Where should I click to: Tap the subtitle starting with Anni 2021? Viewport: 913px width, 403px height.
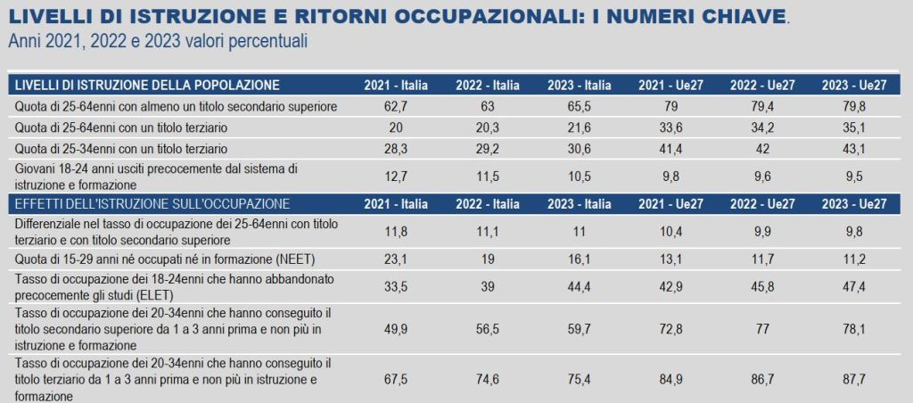[x=158, y=42]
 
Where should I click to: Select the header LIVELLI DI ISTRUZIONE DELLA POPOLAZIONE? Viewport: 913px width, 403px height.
[x=148, y=86]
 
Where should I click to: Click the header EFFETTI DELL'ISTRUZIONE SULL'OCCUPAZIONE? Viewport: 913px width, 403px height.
[x=152, y=204]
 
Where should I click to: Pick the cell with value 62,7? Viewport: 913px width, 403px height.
[x=396, y=107]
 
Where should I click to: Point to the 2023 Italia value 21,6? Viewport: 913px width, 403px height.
[x=579, y=127]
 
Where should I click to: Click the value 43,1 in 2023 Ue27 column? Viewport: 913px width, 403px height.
[x=853, y=149]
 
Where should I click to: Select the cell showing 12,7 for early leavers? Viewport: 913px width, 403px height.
[x=396, y=177]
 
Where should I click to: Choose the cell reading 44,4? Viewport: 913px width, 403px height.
[x=579, y=286]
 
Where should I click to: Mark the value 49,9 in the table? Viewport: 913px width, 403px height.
[x=396, y=328]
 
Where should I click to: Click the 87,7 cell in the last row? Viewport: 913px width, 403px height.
[x=853, y=379]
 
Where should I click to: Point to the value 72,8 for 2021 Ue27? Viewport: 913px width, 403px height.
[x=670, y=328]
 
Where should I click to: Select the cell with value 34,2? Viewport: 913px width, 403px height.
[x=762, y=127]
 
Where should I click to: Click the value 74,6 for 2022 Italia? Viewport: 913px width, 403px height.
[x=488, y=379]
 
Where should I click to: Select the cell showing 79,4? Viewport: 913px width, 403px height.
[x=762, y=107]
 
